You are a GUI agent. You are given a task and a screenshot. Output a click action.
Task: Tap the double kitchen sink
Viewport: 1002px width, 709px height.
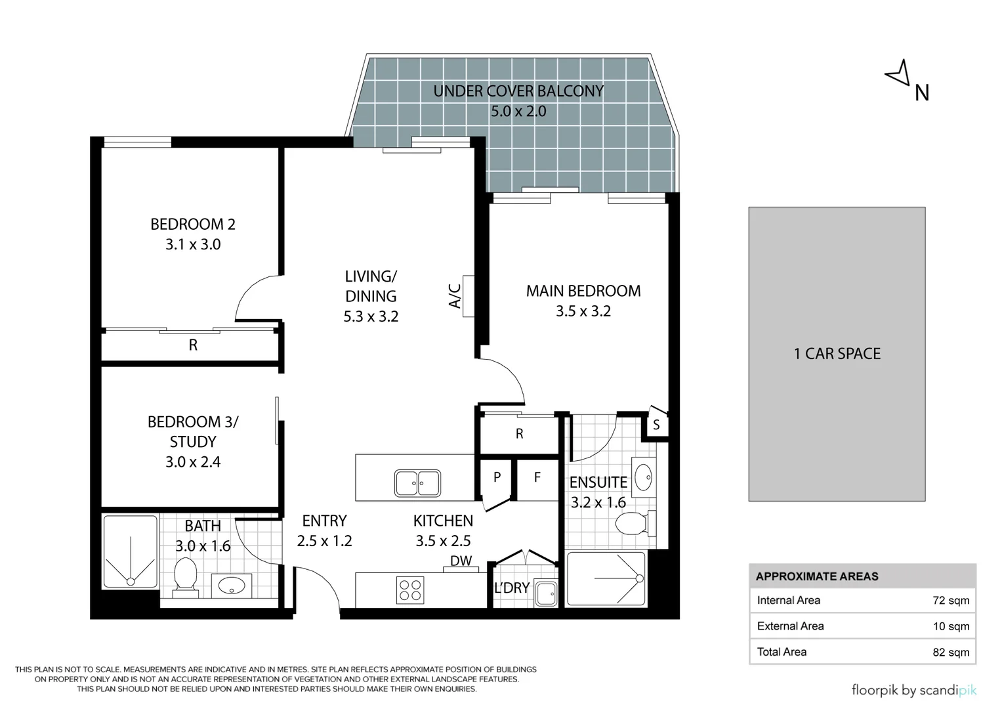[x=417, y=483]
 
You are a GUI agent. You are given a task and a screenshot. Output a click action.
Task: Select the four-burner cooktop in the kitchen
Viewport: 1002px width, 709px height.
[x=410, y=590]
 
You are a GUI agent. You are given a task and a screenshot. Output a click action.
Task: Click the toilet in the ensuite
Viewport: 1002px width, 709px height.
[x=636, y=523]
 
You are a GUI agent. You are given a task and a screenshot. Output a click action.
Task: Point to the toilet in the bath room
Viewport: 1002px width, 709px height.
[x=185, y=578]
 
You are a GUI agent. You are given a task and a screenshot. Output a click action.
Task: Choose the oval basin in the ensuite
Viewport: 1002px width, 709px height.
[x=643, y=477]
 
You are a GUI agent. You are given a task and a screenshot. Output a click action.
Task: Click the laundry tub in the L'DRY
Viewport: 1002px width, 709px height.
[x=546, y=593]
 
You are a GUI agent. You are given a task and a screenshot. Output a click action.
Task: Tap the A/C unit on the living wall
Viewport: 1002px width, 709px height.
[x=469, y=296]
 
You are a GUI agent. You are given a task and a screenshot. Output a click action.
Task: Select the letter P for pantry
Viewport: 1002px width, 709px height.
[x=497, y=477]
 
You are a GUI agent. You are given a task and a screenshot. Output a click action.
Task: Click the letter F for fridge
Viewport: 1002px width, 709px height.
[x=537, y=477]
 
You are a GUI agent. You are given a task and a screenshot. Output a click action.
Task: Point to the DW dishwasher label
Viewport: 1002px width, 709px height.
[x=461, y=561]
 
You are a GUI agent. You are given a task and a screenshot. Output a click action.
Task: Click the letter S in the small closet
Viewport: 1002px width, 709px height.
[x=656, y=425]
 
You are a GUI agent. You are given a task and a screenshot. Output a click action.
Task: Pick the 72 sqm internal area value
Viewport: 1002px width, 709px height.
[x=951, y=600]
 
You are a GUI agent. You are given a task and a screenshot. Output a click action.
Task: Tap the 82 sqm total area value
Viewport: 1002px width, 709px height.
[x=951, y=652]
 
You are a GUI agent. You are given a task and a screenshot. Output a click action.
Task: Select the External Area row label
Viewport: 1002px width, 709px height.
[x=791, y=626]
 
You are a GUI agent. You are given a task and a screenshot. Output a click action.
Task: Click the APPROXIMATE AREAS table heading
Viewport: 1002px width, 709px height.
[x=817, y=576]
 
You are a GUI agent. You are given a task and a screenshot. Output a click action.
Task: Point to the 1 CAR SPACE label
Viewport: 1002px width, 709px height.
[x=837, y=354]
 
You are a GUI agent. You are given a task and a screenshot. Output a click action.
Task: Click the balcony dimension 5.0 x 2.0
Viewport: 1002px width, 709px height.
[x=518, y=111]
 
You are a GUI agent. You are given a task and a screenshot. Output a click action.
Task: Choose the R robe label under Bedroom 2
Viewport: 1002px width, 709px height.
[x=193, y=345]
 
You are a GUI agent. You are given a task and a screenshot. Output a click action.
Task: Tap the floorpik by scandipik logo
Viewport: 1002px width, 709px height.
[x=914, y=690]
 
